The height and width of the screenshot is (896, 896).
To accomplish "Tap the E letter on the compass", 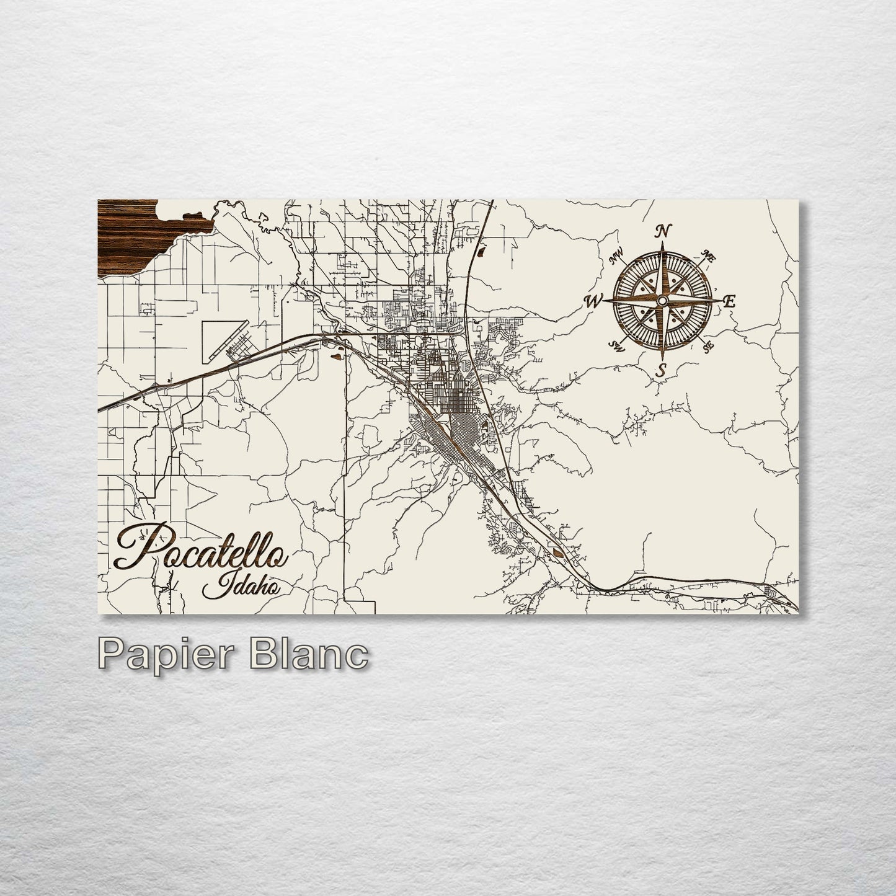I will tap(729, 302).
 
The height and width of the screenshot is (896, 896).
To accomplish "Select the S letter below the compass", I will tap(662, 371).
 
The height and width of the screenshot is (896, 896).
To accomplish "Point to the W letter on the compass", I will tap(593, 302).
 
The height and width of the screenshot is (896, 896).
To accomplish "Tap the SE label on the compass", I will tap(709, 347).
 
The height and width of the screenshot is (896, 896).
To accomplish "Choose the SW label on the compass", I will tap(616, 345).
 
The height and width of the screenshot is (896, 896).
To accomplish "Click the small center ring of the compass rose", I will tap(662, 301).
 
